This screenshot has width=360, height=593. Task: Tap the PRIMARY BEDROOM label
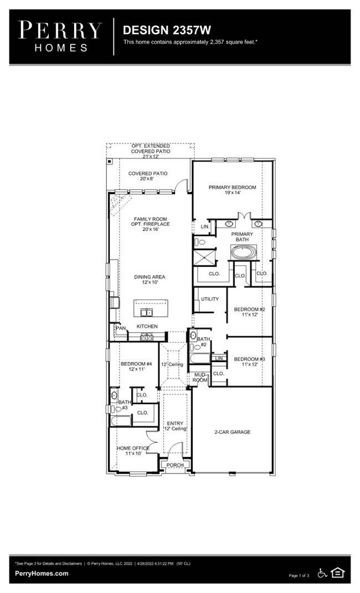coord(233,188)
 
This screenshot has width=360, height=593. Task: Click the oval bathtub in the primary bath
coord(244,254)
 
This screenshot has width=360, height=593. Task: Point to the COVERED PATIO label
coord(148,173)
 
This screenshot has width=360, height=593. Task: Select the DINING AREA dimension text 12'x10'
coord(150,283)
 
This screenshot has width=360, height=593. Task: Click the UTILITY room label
coord(210,299)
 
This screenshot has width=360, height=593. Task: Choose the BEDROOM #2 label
coord(249,309)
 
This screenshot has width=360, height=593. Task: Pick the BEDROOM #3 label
coord(249,359)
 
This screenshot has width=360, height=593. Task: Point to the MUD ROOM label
coord(200,378)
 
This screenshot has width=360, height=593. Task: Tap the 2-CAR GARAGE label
coord(233,432)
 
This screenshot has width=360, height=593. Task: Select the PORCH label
coord(175,465)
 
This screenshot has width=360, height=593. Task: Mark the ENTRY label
coord(175,424)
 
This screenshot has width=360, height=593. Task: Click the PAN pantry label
coord(121,328)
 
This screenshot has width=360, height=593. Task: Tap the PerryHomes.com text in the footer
coord(42,574)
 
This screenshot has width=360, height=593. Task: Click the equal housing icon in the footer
coord(337,573)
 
